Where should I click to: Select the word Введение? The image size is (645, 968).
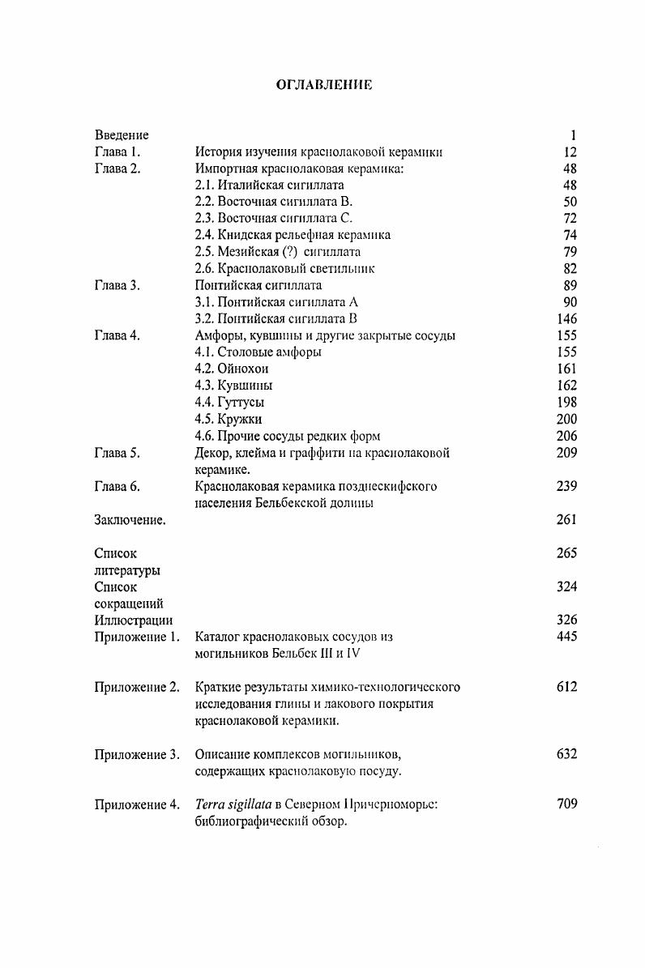pos(122,135)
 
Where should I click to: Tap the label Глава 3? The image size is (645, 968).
pos(117,285)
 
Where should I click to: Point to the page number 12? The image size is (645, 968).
pos(569,152)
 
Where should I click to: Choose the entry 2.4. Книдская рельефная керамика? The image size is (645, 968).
pos(293,235)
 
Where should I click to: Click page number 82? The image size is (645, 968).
pos(569,269)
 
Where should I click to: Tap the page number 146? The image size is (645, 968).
pos(566,319)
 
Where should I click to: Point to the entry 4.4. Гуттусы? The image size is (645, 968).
pos(229,403)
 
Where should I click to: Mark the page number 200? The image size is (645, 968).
pos(566,419)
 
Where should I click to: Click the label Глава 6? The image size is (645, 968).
pos(117,486)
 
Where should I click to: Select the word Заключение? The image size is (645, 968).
pos(130,520)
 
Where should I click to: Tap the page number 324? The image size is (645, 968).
pos(566,586)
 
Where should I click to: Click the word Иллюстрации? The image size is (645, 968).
pos(133,620)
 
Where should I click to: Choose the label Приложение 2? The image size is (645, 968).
pos(136,688)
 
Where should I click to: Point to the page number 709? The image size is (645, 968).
pos(566,804)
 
